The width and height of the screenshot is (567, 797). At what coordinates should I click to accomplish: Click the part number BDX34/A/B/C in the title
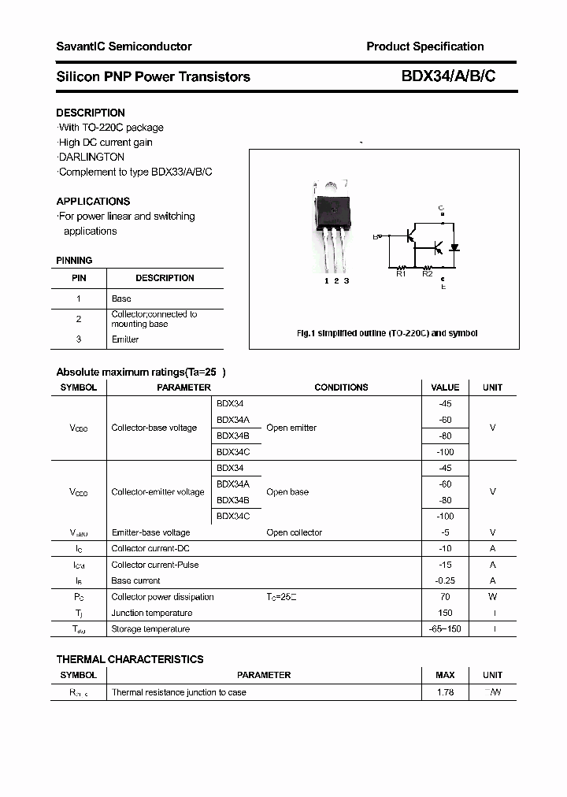(x=449, y=76)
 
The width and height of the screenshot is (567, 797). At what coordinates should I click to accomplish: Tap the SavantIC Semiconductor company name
(x=124, y=46)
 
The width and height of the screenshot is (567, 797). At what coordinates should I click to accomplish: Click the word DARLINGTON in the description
(x=91, y=157)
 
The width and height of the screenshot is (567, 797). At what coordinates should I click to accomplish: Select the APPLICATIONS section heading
(x=93, y=201)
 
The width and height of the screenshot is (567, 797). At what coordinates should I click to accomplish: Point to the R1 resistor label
(x=401, y=273)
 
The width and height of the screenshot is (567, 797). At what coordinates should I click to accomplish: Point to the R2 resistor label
(x=428, y=273)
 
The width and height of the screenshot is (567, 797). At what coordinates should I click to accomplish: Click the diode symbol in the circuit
(x=454, y=247)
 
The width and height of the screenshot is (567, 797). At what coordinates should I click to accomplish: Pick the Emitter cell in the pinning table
(x=125, y=339)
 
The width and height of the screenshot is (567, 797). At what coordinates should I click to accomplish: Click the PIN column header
(x=79, y=278)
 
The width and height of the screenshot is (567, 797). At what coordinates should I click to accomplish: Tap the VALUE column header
(x=445, y=387)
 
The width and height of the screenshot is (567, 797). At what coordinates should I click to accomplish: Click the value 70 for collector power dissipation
(x=445, y=597)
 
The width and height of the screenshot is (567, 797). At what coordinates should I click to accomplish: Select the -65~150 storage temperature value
(x=445, y=629)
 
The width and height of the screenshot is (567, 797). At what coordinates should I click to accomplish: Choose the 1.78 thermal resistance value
(x=445, y=692)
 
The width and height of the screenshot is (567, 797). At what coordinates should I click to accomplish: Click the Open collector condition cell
(x=295, y=532)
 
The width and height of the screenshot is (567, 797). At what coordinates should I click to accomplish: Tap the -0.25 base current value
(x=445, y=580)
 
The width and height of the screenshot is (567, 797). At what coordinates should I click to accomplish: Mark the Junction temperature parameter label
(x=152, y=613)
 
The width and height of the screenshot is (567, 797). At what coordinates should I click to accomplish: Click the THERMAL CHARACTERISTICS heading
(x=130, y=659)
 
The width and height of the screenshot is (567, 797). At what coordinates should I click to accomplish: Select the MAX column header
(x=445, y=675)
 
